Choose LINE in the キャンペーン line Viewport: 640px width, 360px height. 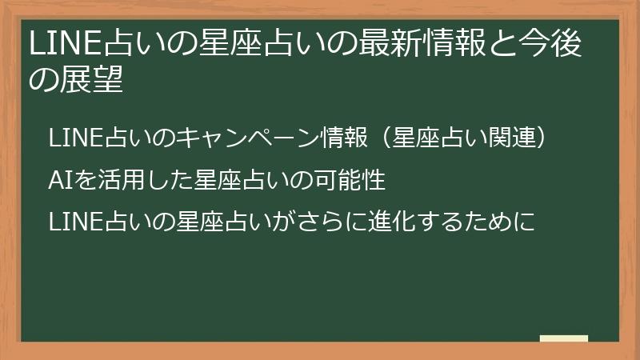70,138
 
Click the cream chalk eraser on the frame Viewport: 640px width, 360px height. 564,338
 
